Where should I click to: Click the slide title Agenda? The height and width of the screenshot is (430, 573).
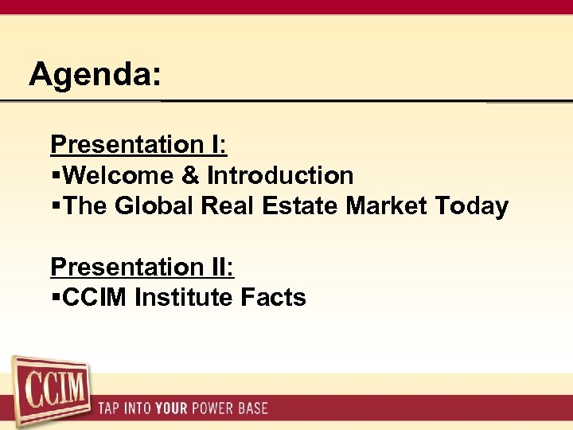(95, 76)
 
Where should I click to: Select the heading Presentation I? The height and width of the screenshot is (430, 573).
(138, 145)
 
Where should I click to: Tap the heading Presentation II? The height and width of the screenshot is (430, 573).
(142, 267)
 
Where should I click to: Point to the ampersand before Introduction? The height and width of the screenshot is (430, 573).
(190, 175)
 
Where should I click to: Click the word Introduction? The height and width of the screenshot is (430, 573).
(280, 175)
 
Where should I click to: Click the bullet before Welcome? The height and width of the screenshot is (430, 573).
(55, 176)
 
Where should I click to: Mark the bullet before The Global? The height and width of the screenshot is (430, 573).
(55, 207)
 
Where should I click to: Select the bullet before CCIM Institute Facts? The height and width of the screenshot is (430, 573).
(55, 299)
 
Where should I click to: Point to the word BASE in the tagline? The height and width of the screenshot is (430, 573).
(252, 409)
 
